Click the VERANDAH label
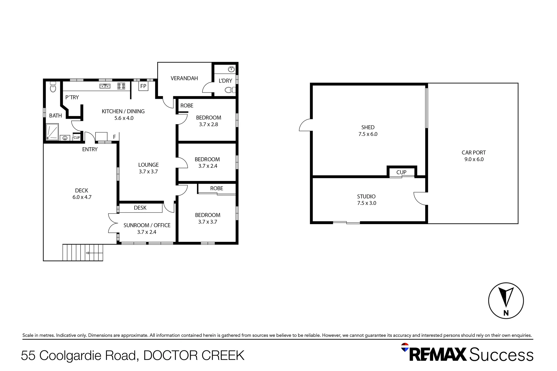[x=184, y=78]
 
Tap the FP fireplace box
[x=143, y=86]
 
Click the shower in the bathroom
[x=52, y=132]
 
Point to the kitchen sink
[x=105, y=86]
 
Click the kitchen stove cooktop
[x=121, y=86]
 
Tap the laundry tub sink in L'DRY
[x=231, y=69]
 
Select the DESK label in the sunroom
[x=140, y=208]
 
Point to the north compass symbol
[x=506, y=301]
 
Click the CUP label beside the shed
[x=401, y=172]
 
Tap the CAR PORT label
[x=473, y=153]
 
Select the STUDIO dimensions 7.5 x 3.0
[x=367, y=203]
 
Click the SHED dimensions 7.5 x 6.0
[x=368, y=134]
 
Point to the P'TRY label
[x=72, y=97]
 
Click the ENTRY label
[x=90, y=149]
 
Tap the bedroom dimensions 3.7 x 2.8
[x=208, y=124]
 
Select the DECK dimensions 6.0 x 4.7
[x=82, y=197]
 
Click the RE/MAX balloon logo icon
[x=405, y=347]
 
